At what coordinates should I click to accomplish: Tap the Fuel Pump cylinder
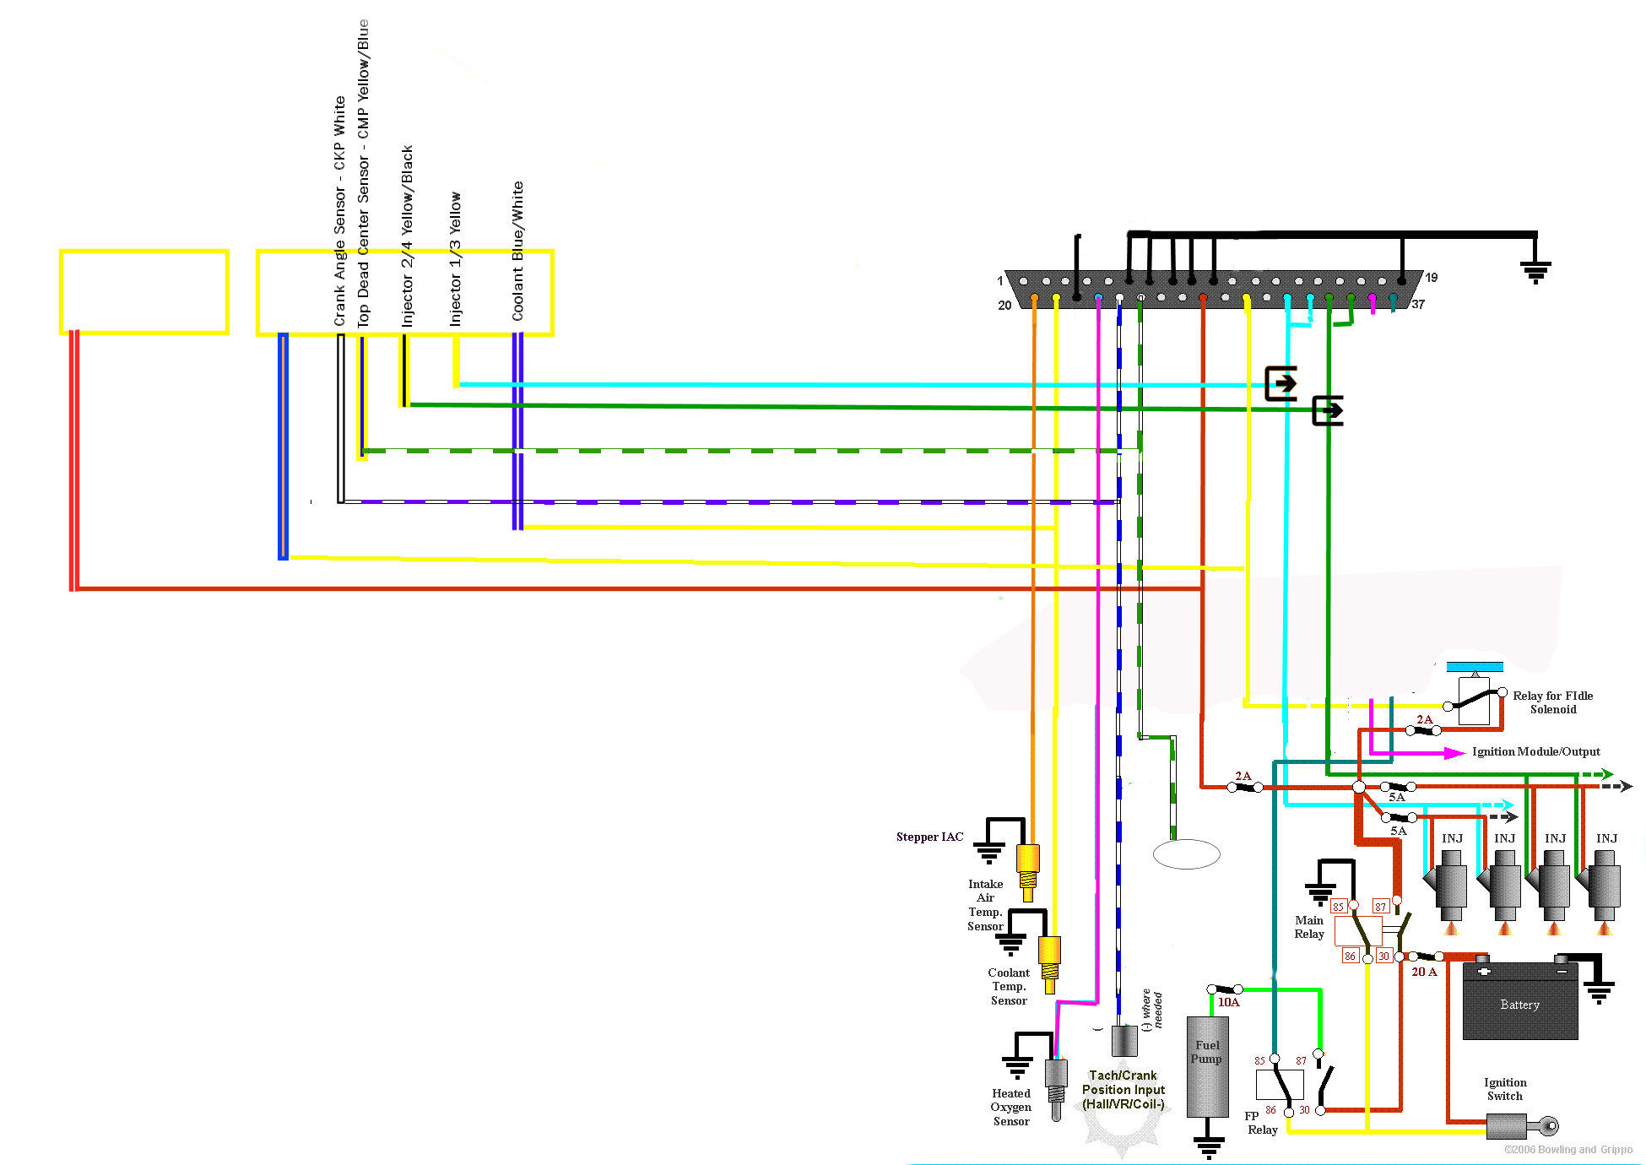click(1207, 1066)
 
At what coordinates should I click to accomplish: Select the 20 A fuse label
click(1424, 972)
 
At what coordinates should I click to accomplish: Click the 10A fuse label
click(1228, 1002)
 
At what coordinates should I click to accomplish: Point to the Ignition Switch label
click(1504, 1089)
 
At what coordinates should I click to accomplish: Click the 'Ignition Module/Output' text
click(1535, 751)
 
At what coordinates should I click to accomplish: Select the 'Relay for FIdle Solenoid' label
click(1552, 702)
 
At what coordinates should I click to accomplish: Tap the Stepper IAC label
click(929, 837)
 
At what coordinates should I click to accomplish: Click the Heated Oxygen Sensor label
click(1011, 1107)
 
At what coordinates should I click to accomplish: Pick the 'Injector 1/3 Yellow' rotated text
click(456, 258)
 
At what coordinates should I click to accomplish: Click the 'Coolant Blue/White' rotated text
click(517, 251)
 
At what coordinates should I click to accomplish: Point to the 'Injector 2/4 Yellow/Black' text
click(407, 236)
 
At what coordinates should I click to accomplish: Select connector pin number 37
click(1418, 305)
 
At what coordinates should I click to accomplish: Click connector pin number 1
click(1000, 280)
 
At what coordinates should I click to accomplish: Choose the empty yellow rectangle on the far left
click(144, 291)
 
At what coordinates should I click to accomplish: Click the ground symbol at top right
click(1535, 271)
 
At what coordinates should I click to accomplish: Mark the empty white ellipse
click(1186, 854)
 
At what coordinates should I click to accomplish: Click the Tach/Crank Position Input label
click(1124, 1089)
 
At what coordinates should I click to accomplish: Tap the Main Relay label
click(1309, 927)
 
